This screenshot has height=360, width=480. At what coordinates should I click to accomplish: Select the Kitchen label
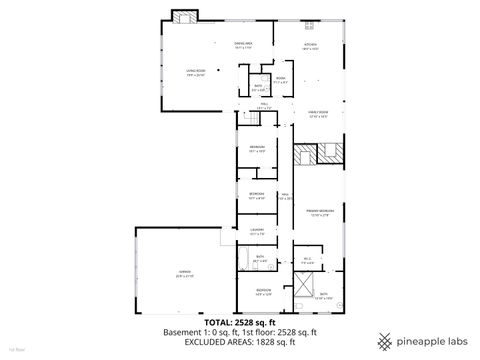[310, 46]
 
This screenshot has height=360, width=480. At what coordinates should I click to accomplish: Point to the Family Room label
[317, 114]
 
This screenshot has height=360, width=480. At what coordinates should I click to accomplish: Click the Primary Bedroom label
[320, 213]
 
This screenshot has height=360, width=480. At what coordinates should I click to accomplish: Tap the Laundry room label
[256, 232]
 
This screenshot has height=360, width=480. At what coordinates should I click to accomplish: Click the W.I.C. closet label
[307, 262]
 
